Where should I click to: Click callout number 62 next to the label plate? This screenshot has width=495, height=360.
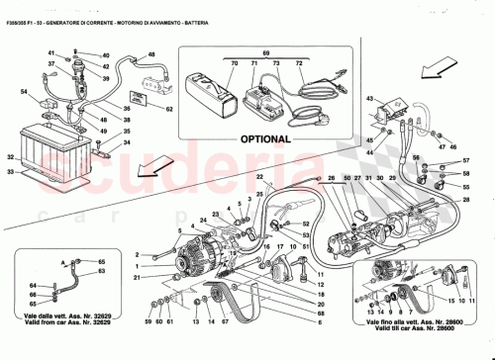pyautogui.click(x=168, y=109)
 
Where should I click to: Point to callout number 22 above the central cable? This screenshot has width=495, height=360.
pyautogui.click(x=259, y=177)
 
